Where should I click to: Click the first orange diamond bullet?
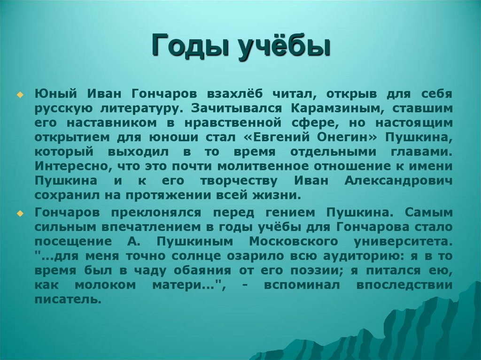point(20,94)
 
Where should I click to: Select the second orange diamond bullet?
point(20,213)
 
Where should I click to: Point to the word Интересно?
point(67,167)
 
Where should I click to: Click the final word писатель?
point(68,300)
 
